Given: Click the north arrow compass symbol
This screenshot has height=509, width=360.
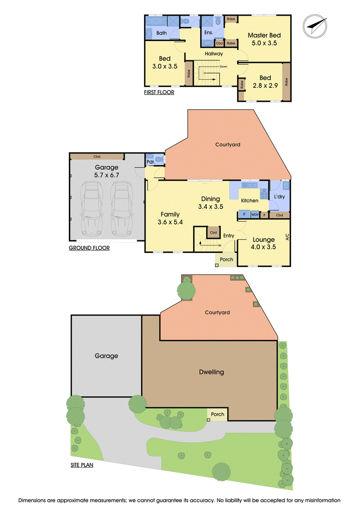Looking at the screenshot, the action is coord(315,26).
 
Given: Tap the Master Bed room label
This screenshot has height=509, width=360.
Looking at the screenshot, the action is coord(264,36).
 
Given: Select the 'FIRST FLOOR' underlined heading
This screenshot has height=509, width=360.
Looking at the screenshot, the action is coord(159,93).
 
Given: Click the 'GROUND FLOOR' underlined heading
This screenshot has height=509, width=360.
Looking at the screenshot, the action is coord(89,248).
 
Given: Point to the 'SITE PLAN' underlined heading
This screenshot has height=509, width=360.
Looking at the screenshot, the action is coord(82,465).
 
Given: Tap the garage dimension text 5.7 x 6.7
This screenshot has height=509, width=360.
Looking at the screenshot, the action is coord(107,176).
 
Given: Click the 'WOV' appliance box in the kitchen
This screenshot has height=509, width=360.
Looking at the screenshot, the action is coord(255,215).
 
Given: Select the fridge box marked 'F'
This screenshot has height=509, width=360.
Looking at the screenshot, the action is coord(244,214).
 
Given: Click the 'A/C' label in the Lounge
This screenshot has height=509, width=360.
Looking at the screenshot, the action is coord(287,237).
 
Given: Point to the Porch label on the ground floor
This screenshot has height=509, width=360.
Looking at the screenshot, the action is coord(226,259).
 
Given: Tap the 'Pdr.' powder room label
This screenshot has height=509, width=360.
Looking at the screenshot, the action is coord(151,162).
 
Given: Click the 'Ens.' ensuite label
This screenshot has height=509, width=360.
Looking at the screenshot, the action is coord(209,32).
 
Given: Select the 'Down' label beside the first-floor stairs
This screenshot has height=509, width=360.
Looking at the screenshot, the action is coord(224,67).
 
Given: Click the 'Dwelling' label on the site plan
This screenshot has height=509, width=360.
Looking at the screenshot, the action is coord(211,372).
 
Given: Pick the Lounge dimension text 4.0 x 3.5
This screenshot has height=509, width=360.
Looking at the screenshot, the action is coord(263,247).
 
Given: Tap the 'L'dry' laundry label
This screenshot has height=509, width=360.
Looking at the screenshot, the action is coord(279,196).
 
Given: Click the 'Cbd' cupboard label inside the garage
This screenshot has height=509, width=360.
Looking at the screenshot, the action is coord(97,157).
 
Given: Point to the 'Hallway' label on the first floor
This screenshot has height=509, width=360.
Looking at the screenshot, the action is coord(214,54).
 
